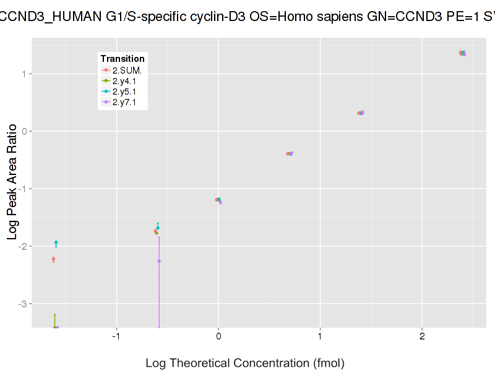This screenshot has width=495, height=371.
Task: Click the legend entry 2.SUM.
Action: (x=126, y=70)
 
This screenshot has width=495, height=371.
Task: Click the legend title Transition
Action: (x=123, y=59)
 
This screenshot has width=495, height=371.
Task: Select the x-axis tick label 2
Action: (x=422, y=336)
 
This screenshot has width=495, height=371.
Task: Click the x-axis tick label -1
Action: (x=116, y=336)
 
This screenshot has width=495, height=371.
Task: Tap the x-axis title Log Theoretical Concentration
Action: (x=244, y=363)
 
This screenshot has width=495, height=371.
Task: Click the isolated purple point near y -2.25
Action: (x=159, y=261)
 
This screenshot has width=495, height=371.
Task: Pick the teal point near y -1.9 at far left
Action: (x=56, y=242)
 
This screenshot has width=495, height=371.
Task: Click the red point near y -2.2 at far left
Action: (x=53, y=259)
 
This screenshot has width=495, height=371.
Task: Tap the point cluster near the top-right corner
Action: (x=462, y=53)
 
